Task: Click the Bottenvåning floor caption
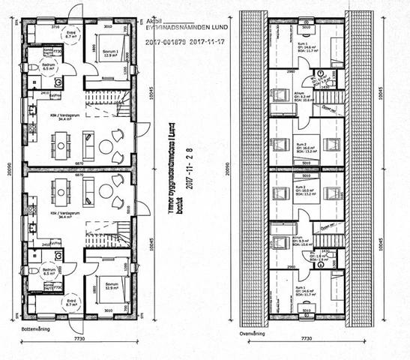coord(37,328)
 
